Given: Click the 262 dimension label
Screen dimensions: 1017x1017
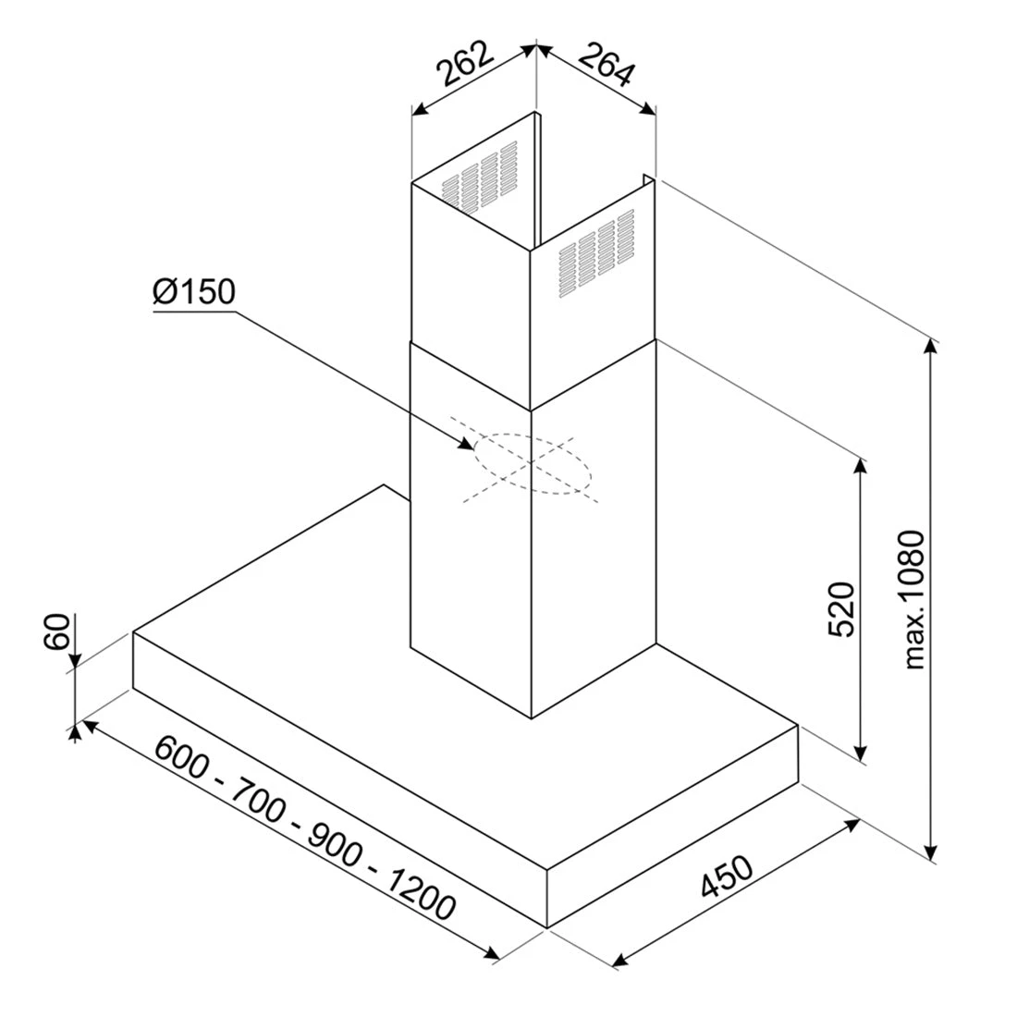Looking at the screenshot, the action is coord(464,63).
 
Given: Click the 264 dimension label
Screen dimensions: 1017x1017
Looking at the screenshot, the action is coord(606,64).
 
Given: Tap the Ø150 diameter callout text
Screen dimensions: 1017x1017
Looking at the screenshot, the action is coord(194,292).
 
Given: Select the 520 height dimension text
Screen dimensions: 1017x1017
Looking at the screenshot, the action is coord(842,609).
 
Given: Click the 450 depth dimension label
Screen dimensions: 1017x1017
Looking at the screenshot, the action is coord(727,876).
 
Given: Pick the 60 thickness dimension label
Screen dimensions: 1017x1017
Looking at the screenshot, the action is coord(57,631).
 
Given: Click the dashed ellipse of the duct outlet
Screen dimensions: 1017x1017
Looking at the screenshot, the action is coord(533,464).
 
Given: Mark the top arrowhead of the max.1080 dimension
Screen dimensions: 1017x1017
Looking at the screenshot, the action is coord(931,348).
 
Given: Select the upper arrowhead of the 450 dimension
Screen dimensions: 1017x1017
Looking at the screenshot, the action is coord(852,825).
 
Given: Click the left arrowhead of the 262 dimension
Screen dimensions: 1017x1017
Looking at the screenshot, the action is coord(421,110).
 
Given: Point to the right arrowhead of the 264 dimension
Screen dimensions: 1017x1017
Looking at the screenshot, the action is coord(646,110).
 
